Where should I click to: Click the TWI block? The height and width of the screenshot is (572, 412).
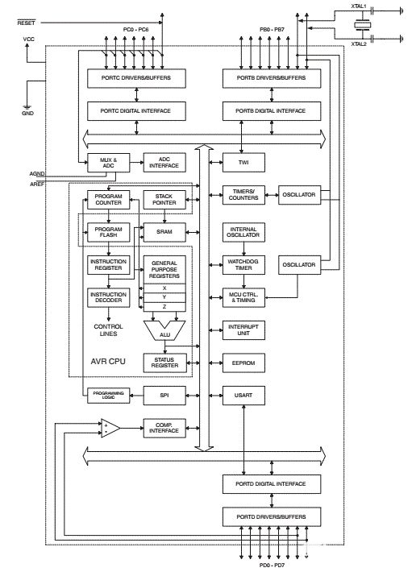pyautogui.click(x=243, y=162)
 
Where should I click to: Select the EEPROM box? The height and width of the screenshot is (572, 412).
pyautogui.click(x=243, y=363)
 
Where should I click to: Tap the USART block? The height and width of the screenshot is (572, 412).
pyautogui.click(x=243, y=395)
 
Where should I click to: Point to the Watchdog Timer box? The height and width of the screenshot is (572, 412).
pyautogui.click(x=243, y=265)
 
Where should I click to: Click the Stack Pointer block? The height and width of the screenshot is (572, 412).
pyautogui.click(x=164, y=200)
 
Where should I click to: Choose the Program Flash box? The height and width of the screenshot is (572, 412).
pyautogui.click(x=108, y=232)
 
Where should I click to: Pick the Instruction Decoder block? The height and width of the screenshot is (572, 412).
pyautogui.click(x=108, y=297)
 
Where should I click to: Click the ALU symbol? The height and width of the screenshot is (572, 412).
pyautogui.click(x=164, y=330)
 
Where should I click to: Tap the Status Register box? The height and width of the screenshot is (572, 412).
pyautogui.click(x=164, y=363)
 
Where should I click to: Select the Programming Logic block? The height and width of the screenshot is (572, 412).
pyautogui.click(x=108, y=396)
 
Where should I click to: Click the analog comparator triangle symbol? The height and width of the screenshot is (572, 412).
pyautogui.click(x=110, y=429)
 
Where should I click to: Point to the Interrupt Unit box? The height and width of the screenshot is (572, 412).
pyautogui.click(x=243, y=330)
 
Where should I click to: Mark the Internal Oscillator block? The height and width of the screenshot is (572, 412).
pyautogui.click(x=243, y=232)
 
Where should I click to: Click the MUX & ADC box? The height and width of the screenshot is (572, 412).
pyautogui.click(x=108, y=163)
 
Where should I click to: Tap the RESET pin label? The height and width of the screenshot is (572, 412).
pyautogui.click(x=27, y=23)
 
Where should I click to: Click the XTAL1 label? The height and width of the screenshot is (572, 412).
pyautogui.click(x=359, y=6)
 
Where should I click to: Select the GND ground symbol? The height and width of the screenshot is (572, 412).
pyautogui.click(x=27, y=108)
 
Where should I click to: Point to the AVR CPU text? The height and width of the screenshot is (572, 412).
pyautogui.click(x=108, y=361)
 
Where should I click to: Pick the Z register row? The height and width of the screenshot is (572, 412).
pyautogui.click(x=164, y=307)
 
